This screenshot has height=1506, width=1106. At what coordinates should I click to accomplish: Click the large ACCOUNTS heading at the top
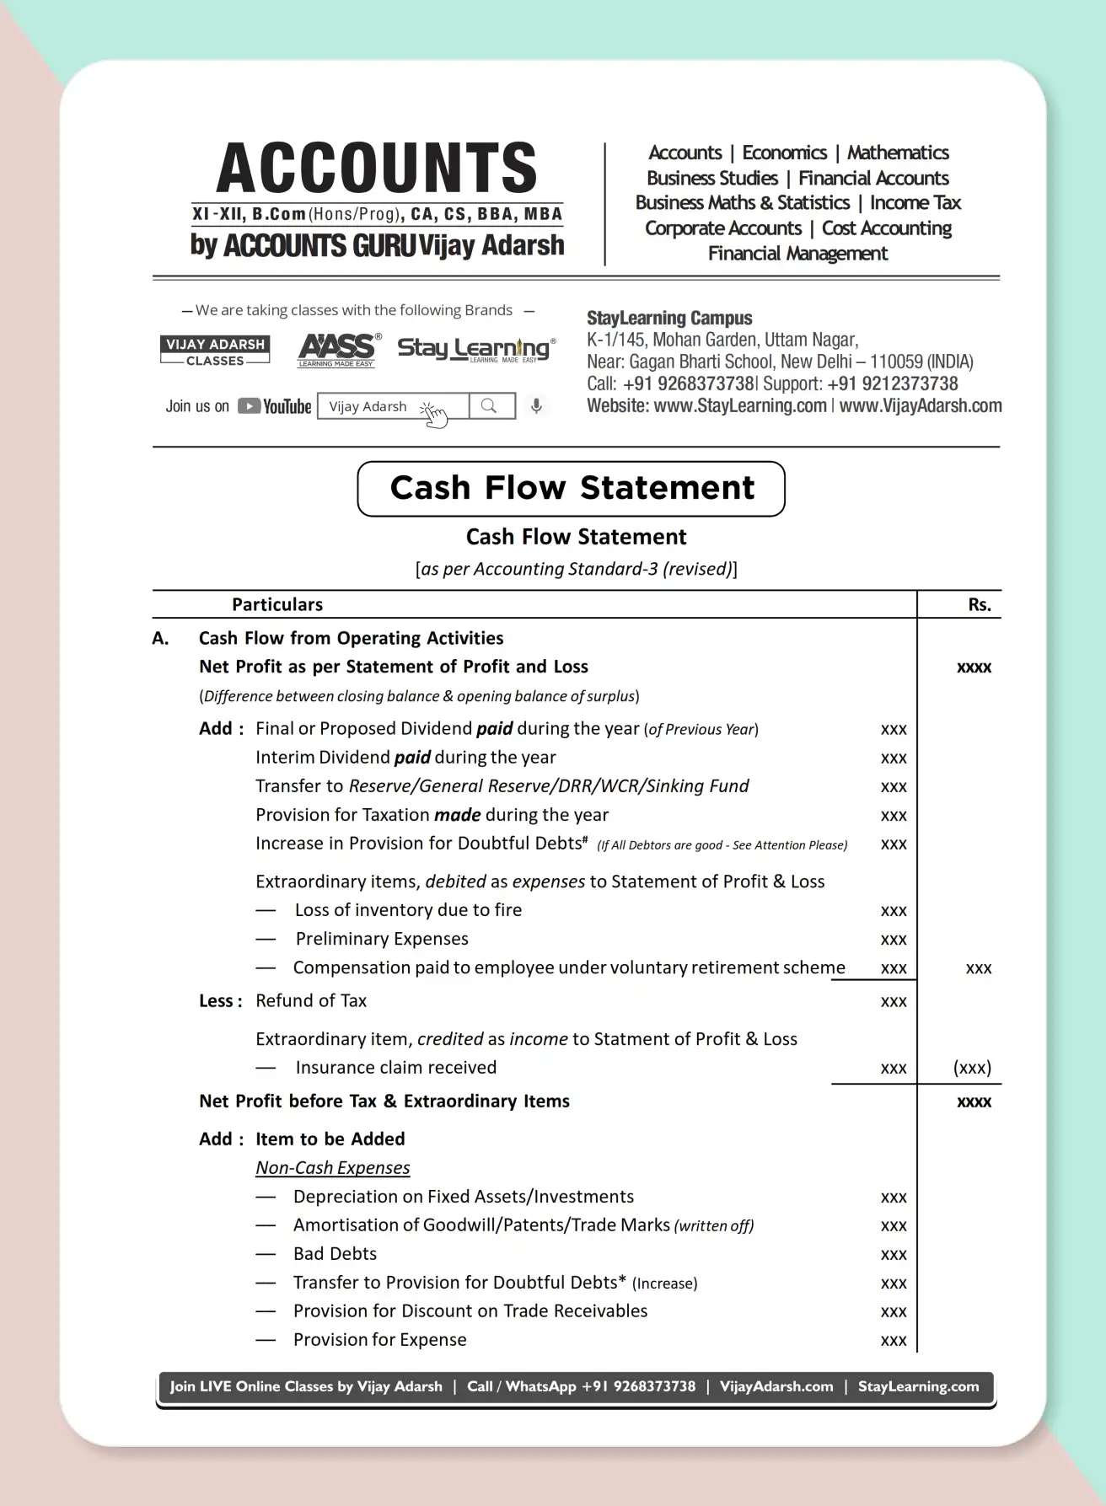[377, 168]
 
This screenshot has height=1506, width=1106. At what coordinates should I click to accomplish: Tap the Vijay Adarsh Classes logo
[215, 351]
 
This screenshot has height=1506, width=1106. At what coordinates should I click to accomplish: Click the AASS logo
[338, 350]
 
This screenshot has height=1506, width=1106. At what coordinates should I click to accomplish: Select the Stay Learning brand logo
[475, 348]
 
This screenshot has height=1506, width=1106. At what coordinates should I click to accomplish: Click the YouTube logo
[275, 406]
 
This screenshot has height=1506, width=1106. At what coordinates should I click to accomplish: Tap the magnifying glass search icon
[489, 406]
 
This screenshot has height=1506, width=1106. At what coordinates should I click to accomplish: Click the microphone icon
[536, 406]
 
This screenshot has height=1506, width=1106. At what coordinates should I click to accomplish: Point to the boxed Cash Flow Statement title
[572, 488]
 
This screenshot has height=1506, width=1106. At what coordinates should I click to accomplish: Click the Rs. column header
[980, 605]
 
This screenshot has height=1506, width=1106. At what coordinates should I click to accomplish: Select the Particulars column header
[277, 604]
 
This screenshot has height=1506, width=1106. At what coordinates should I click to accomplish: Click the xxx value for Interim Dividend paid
[894, 758]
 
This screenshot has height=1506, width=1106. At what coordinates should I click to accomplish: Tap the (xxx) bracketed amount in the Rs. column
[972, 1068]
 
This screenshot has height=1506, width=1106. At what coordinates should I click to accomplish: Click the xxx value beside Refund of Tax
[894, 1002]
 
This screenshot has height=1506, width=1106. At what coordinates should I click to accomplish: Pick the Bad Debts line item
[335, 1254]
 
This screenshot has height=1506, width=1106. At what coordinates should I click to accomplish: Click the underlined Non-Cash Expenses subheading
[333, 1168]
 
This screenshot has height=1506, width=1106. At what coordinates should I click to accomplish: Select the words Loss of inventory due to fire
[408, 910]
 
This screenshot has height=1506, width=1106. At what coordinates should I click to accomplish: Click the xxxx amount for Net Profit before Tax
[974, 1102]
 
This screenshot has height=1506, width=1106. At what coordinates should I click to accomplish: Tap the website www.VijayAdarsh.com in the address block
[921, 406]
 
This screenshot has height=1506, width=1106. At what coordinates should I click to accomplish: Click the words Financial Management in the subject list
[797, 254]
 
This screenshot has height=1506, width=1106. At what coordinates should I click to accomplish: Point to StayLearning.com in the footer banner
[918, 1386]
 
